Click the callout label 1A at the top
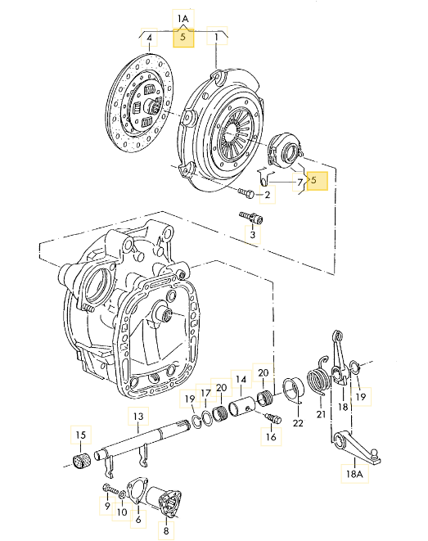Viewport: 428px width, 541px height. [183, 17]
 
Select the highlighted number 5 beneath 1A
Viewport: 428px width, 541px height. [183, 38]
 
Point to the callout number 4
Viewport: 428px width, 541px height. [150, 38]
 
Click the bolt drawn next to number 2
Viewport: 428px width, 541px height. [246, 194]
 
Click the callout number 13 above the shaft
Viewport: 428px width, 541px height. [138, 417]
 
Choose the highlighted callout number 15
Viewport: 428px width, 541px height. [80, 434]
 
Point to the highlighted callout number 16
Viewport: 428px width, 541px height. [269, 438]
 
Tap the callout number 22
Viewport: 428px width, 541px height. [298, 423]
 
